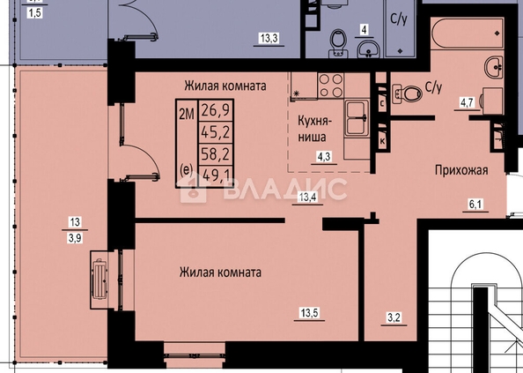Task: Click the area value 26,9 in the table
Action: coord(216,110)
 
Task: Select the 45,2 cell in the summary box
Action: coord(216,132)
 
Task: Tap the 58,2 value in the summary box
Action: coord(216,154)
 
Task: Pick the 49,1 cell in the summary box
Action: coord(216,175)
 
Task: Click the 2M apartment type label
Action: coord(187,115)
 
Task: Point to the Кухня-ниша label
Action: coord(314,129)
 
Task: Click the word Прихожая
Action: coord(461,170)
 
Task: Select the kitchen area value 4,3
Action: coord(324,157)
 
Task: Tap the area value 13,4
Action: coord(307,197)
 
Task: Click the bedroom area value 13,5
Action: coord(310,313)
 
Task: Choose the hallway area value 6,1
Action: coord(475,204)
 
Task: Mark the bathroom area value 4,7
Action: coord(467,102)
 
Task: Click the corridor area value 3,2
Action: coord(394,317)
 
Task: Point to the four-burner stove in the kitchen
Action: coord(330,86)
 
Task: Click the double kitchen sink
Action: coord(357,118)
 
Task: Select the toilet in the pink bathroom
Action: coord(408,93)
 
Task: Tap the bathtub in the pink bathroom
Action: coord(467,34)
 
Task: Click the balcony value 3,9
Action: coord(75,238)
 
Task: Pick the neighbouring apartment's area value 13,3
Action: coord(269,38)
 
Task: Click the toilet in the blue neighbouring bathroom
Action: coord(339,43)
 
